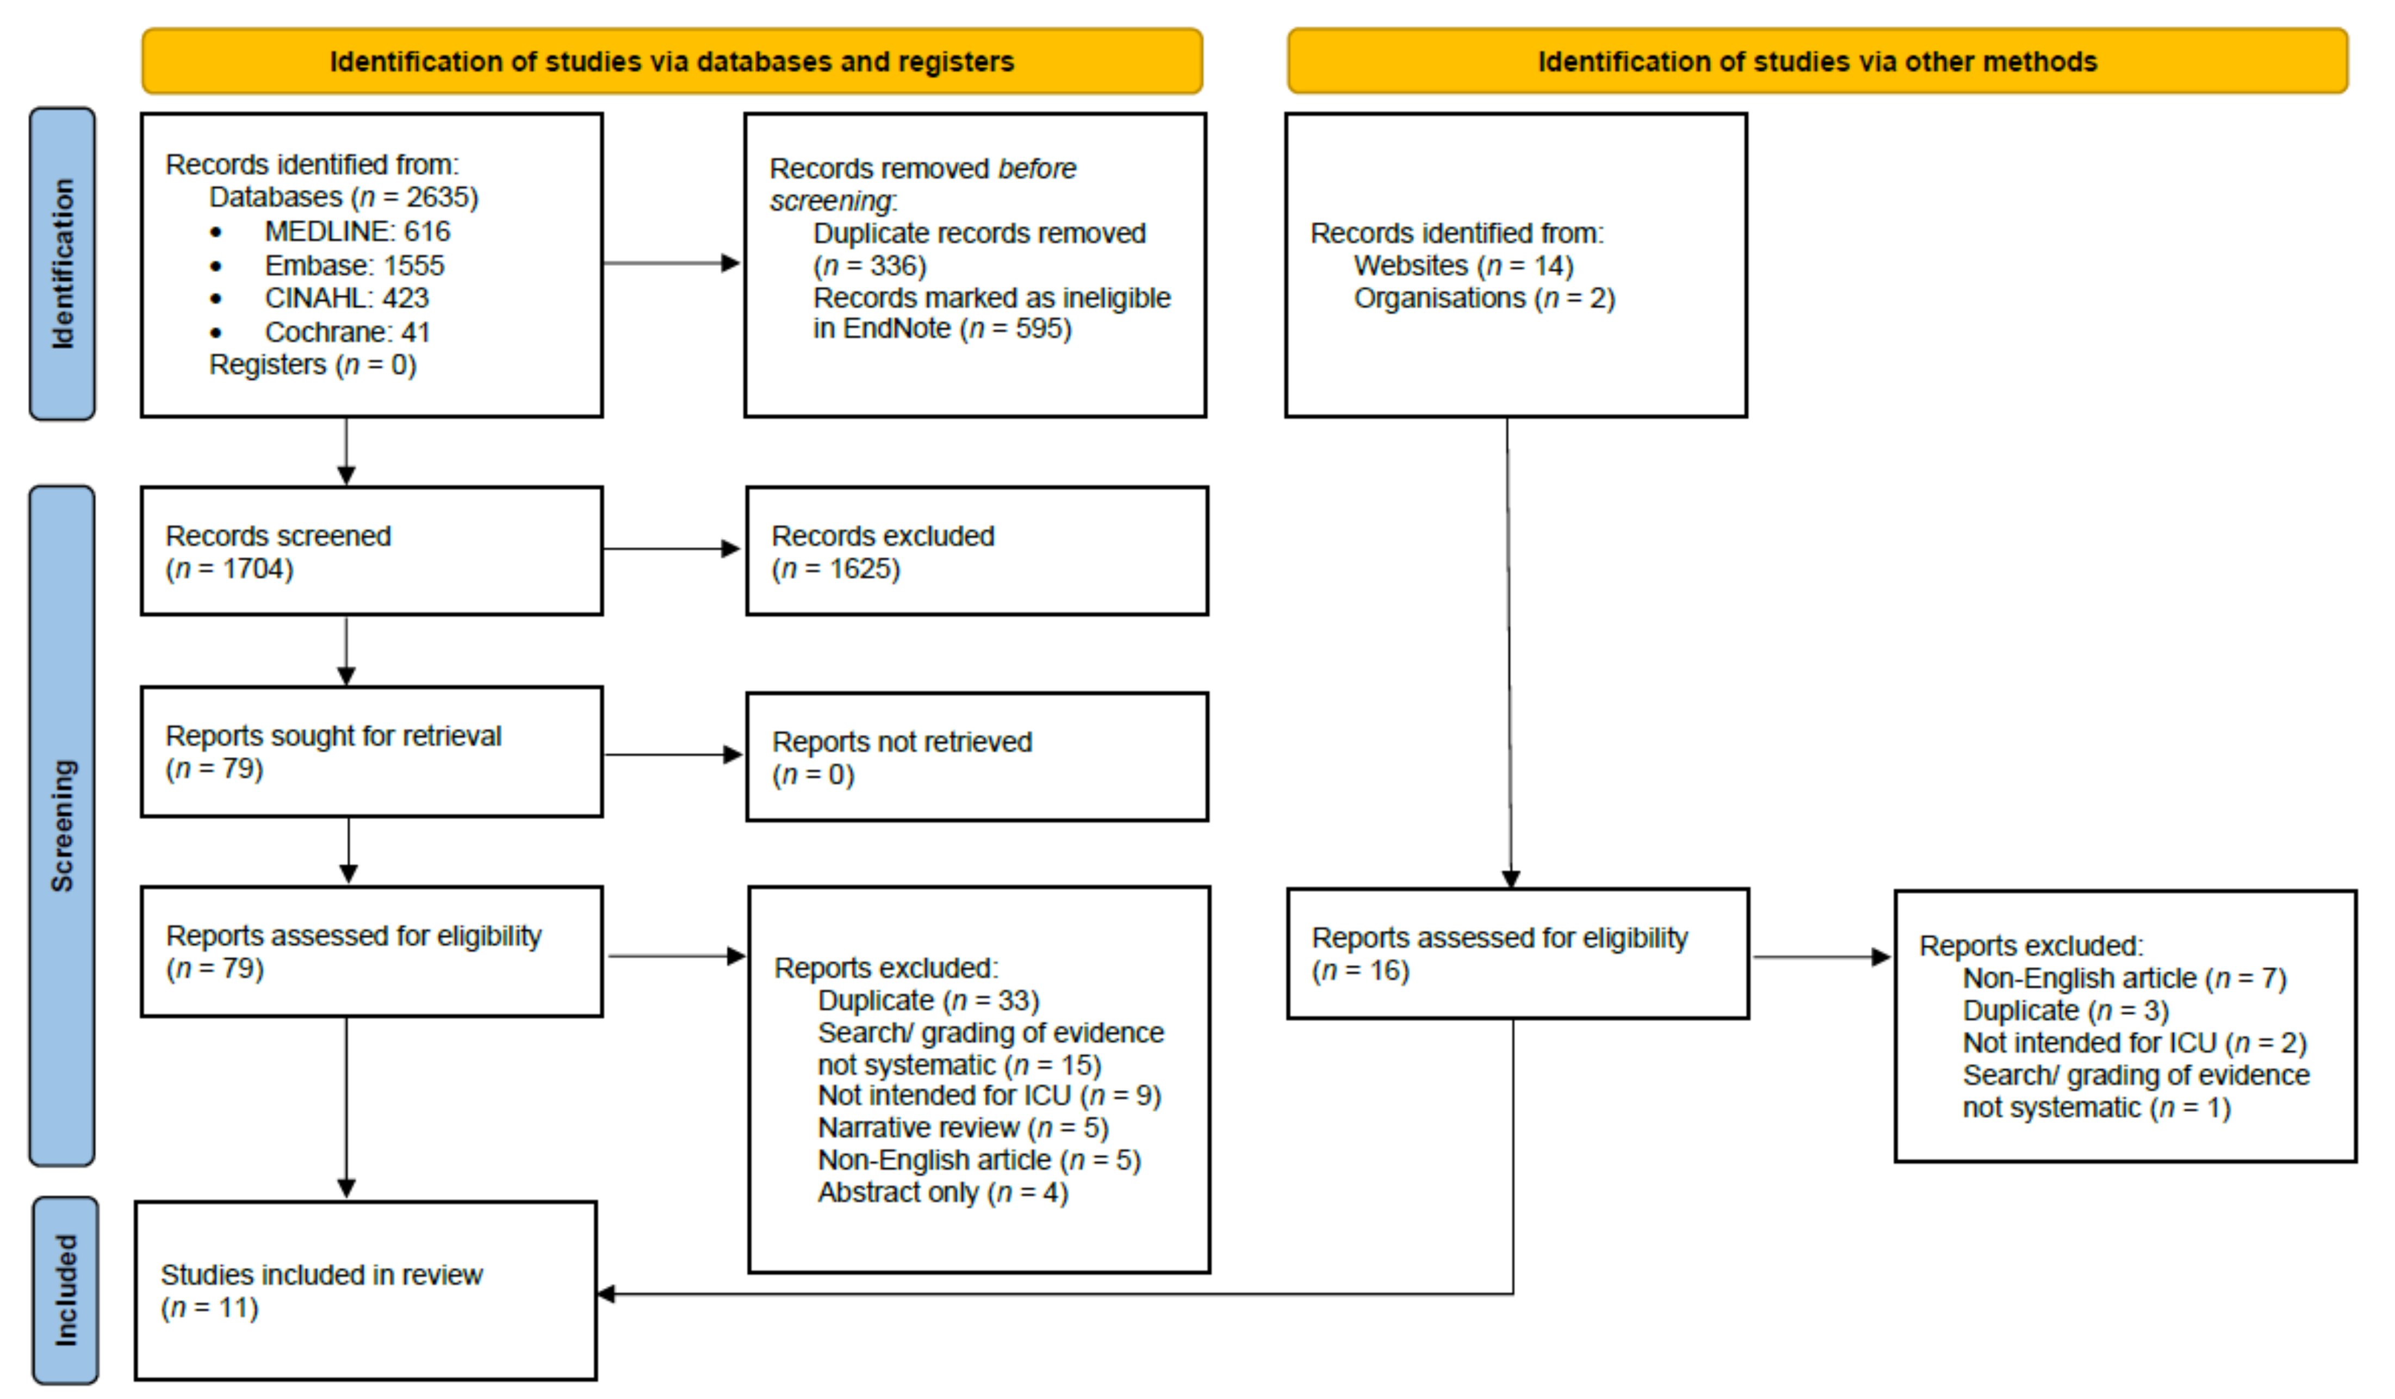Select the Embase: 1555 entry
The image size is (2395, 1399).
pos(353,265)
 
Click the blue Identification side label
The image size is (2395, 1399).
pos(63,263)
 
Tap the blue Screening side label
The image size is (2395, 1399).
pos(63,825)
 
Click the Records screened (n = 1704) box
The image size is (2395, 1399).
pos(371,551)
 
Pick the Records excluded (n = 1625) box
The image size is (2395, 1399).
pos(977,551)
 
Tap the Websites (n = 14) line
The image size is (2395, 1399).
pos(1463,265)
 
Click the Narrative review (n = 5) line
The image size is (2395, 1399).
pos(963,1127)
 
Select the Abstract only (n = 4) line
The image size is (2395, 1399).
pos(943,1192)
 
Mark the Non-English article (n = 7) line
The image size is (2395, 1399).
pos(2124,978)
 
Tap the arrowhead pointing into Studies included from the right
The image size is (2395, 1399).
pos(606,1293)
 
